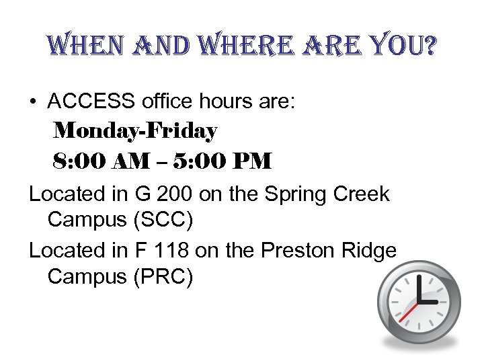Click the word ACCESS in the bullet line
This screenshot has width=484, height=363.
pos(91,102)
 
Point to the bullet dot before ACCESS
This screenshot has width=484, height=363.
pos(33,102)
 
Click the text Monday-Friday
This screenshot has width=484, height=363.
pos(135,131)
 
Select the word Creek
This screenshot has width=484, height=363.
pos(362,194)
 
